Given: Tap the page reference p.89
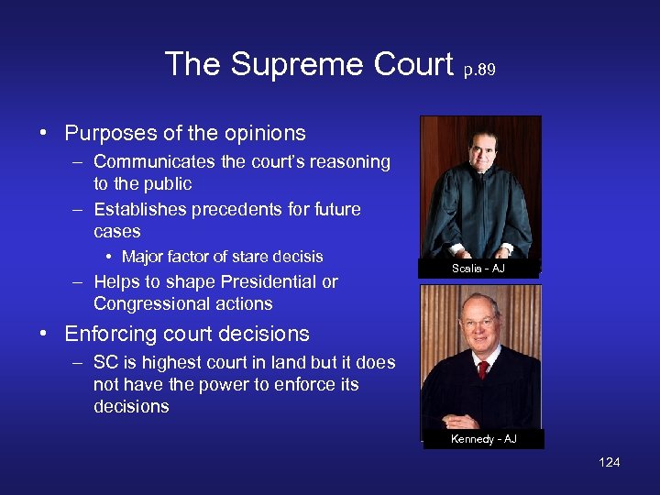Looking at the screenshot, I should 478,69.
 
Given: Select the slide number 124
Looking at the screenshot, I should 609,462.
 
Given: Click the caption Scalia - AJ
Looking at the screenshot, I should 478,269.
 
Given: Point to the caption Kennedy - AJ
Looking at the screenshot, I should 483,439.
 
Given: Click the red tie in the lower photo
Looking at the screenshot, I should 483,368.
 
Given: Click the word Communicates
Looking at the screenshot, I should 152,162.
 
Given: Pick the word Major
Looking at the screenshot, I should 143,257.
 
